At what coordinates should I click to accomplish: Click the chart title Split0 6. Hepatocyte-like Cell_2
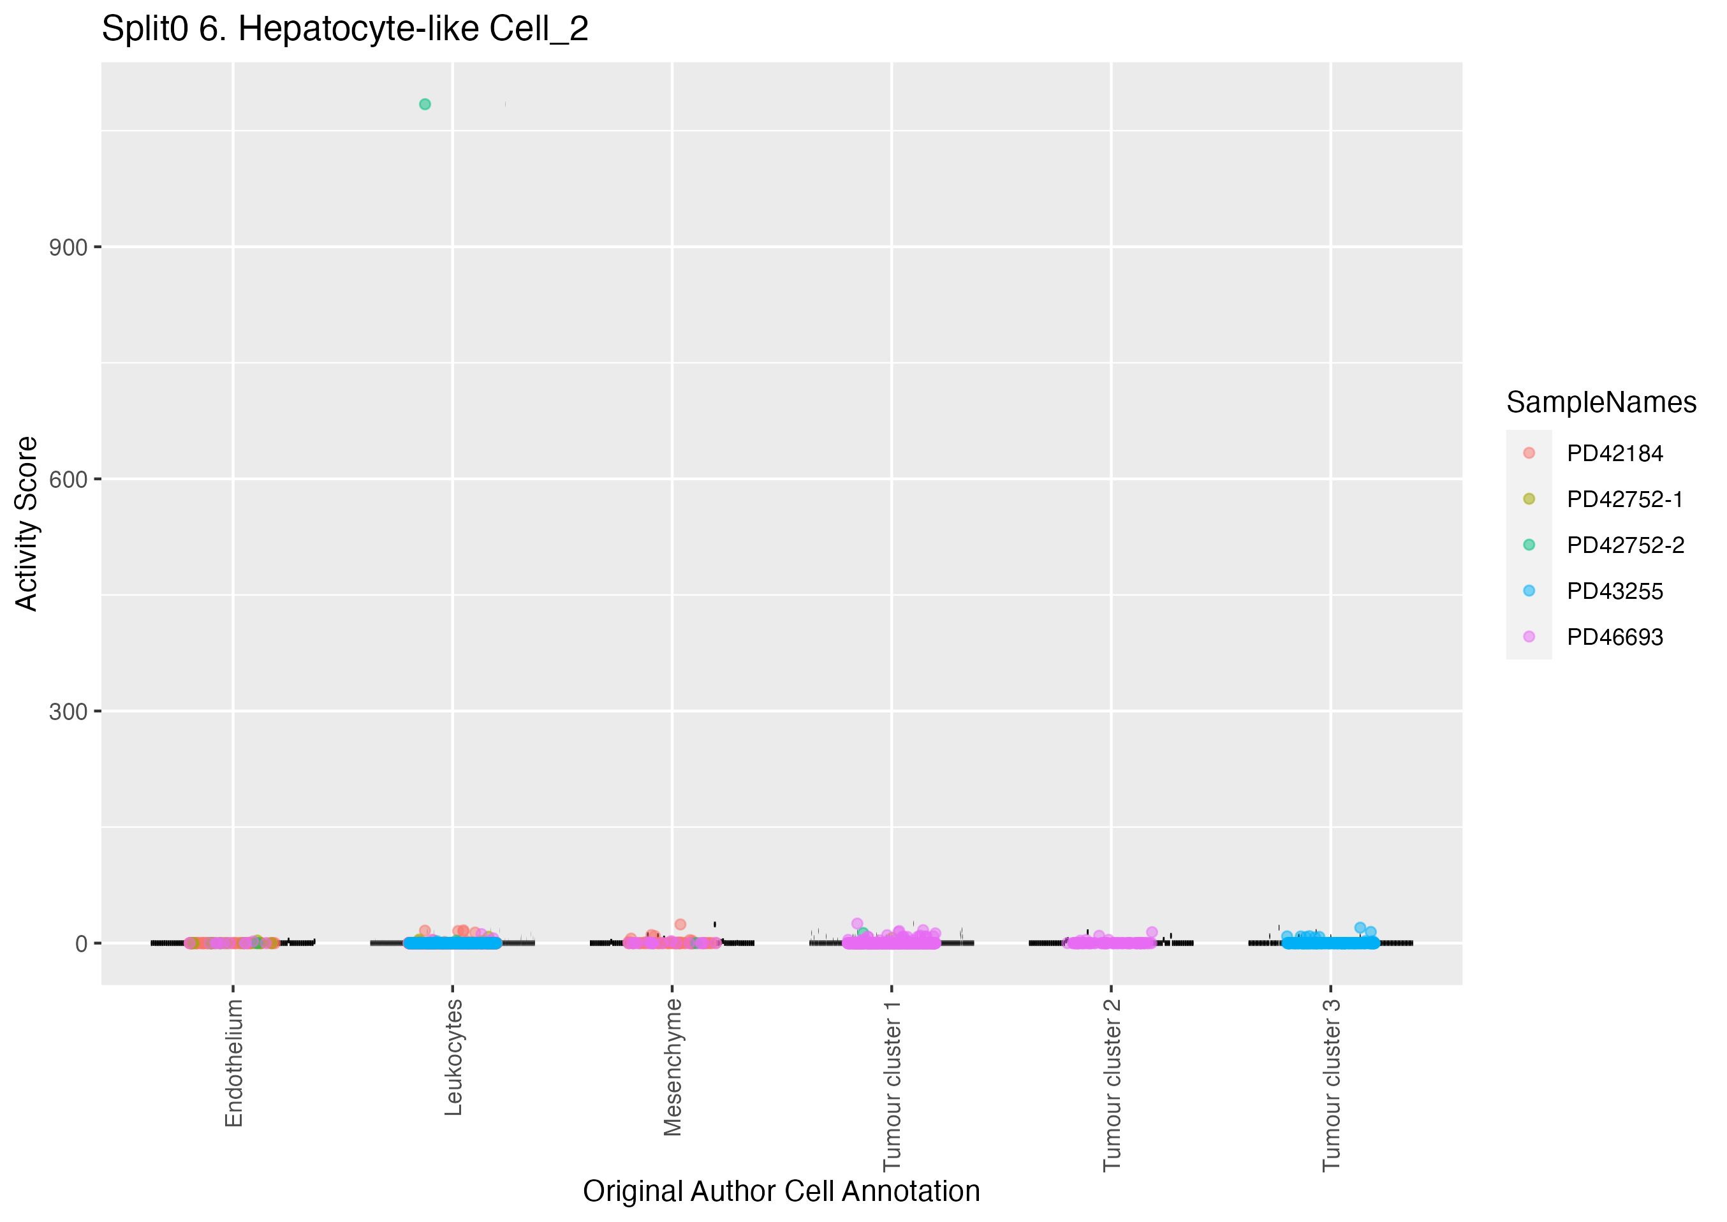pyautogui.click(x=344, y=29)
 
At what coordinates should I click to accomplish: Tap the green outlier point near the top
pyautogui.click(x=425, y=105)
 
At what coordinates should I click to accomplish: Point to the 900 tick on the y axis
pyautogui.click(x=68, y=247)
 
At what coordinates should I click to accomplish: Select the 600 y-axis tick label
pyautogui.click(x=68, y=480)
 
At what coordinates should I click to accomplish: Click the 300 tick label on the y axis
pyautogui.click(x=68, y=712)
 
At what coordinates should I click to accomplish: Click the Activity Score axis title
pyautogui.click(x=26, y=524)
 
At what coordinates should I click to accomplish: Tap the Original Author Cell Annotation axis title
pyautogui.click(x=781, y=1192)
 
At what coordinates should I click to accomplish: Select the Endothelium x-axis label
pyautogui.click(x=234, y=1063)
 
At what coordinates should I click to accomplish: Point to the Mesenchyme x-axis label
pyautogui.click(x=672, y=1067)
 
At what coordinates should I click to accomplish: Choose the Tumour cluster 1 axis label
pyautogui.click(x=892, y=1085)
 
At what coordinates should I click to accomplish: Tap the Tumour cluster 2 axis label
pyautogui.click(x=1112, y=1085)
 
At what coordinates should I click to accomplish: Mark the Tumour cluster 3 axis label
pyautogui.click(x=1332, y=1085)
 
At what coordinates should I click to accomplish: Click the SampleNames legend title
pyautogui.click(x=1601, y=402)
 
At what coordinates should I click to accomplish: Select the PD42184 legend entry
pyautogui.click(x=1614, y=453)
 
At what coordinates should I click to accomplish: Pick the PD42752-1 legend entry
pyautogui.click(x=1624, y=499)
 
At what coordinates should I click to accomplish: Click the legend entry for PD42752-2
pyautogui.click(x=1625, y=545)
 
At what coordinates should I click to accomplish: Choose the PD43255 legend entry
pyautogui.click(x=1614, y=591)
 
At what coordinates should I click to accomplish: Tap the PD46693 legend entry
pyautogui.click(x=1614, y=637)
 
